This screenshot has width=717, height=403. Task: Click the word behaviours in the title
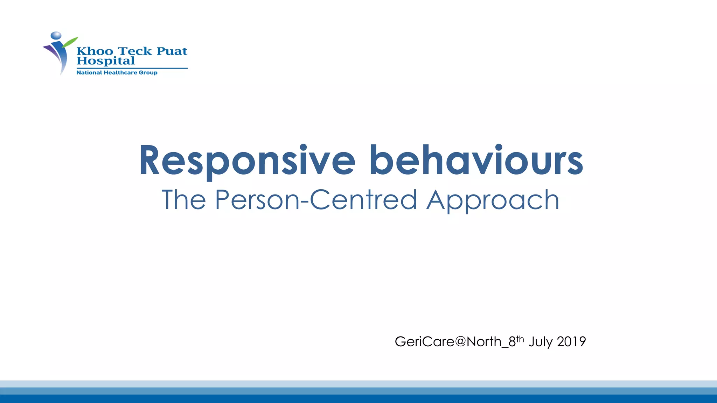pos(476,160)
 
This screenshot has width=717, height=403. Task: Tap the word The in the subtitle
pos(183,200)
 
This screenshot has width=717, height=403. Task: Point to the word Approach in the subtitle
pos(493,200)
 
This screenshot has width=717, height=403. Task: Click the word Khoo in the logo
pos(95,51)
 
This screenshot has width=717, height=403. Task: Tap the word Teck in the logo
pos(135,51)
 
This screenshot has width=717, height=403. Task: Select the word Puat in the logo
pos(172,51)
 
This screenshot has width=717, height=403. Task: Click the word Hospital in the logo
pos(105,61)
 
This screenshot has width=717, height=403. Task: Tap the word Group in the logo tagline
pos(148,72)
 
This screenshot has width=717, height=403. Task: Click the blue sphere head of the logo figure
pos(56,35)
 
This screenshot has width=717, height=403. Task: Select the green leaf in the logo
pos(70,42)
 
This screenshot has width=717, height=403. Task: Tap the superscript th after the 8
pos(520,338)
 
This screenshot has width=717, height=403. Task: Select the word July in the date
pos(540,342)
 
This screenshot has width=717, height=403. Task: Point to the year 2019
pos(571,341)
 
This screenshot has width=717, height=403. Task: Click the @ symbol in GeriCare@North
pos(460,341)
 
